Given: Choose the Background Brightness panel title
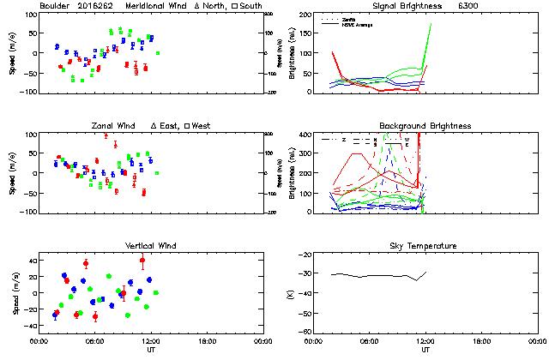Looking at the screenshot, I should [425, 126].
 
